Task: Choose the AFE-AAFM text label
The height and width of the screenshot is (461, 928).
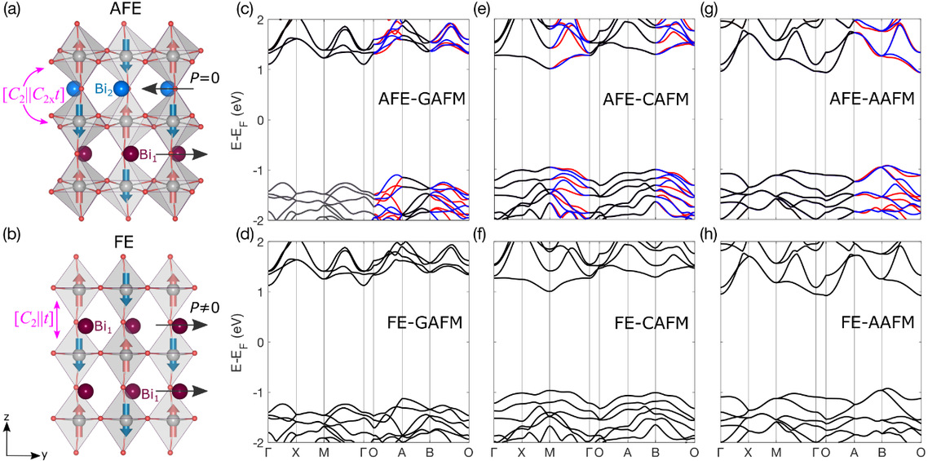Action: tap(856, 101)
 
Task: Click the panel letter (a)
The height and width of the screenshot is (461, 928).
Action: tap(15, 11)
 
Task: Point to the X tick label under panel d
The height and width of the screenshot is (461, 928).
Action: tap(295, 452)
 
